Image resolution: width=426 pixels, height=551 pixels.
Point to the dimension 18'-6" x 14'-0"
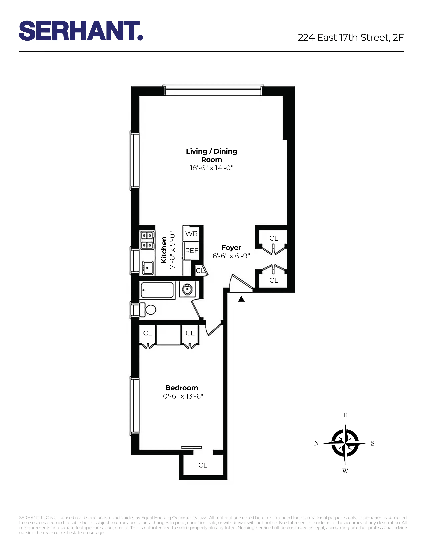211,168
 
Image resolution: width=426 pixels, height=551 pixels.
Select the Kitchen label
164,250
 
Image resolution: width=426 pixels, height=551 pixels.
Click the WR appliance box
191,234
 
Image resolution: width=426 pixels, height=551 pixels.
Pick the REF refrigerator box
192,250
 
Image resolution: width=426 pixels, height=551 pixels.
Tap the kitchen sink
148,268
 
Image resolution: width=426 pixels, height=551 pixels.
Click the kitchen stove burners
147,240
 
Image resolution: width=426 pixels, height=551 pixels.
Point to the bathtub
157,290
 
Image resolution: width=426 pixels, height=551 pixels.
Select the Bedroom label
182,388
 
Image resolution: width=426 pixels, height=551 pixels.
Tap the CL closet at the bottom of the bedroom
203,465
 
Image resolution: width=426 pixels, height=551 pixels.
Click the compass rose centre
345,443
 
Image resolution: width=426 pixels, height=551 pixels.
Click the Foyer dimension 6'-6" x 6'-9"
231,256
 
